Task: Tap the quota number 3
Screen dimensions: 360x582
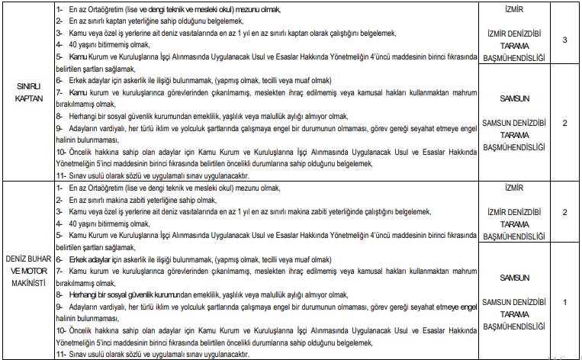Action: pos(564,40)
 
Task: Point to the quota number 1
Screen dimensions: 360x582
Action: pos(564,302)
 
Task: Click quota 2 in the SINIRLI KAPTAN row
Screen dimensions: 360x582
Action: pos(564,123)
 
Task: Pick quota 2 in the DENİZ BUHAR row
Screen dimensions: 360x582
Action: pos(564,212)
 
